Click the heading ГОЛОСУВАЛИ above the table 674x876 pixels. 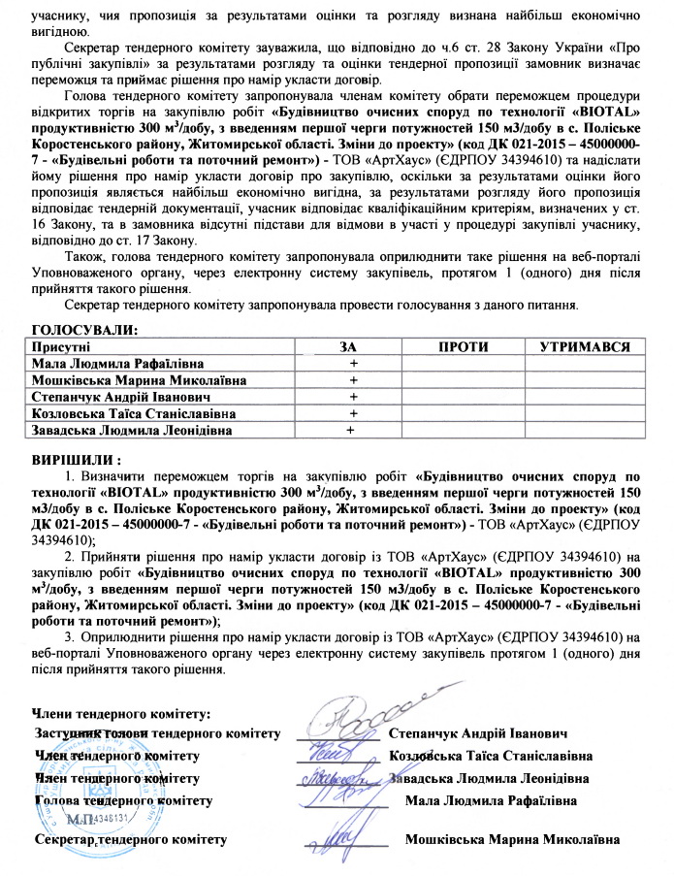pyautogui.click(x=84, y=330)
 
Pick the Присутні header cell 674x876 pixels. pyautogui.click(x=62, y=346)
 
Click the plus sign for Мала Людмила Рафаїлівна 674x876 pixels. pyautogui.click(x=354, y=363)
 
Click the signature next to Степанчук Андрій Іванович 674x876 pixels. pyautogui.click(x=354, y=726)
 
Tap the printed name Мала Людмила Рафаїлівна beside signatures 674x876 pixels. pyautogui.click(x=492, y=801)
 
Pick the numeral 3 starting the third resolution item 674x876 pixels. pyautogui.click(x=70, y=636)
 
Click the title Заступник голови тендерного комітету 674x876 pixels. pyautogui.click(x=158, y=732)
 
